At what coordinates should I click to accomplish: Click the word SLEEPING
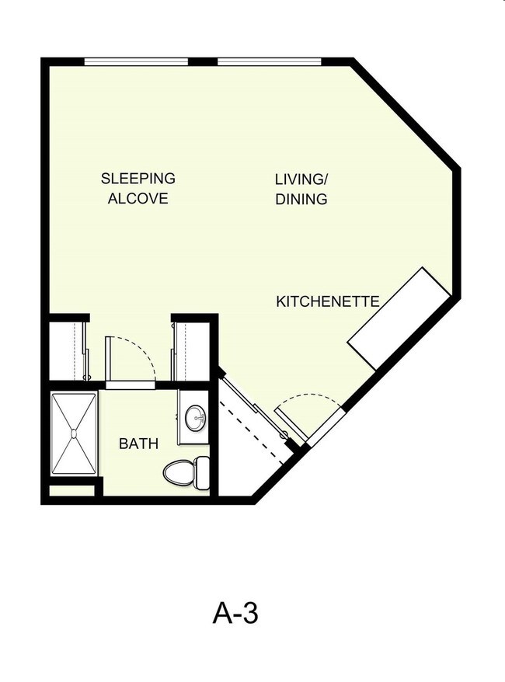click(x=138, y=179)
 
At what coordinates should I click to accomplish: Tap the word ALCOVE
click(x=138, y=199)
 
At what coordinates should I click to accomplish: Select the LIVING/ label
click(x=301, y=179)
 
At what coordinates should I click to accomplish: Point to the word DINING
click(x=301, y=199)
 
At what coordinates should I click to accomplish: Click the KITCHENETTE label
click(x=327, y=301)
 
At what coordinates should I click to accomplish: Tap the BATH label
click(x=138, y=444)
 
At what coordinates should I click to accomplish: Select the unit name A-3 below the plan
click(x=235, y=614)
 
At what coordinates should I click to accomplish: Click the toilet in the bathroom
click(x=186, y=471)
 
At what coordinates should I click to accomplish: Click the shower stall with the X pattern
click(x=74, y=433)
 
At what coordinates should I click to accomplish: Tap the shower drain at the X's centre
click(x=74, y=433)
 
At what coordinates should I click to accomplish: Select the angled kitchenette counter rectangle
click(x=399, y=319)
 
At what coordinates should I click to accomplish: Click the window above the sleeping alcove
click(x=136, y=61)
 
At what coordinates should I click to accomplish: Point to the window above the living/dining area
click(x=269, y=61)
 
